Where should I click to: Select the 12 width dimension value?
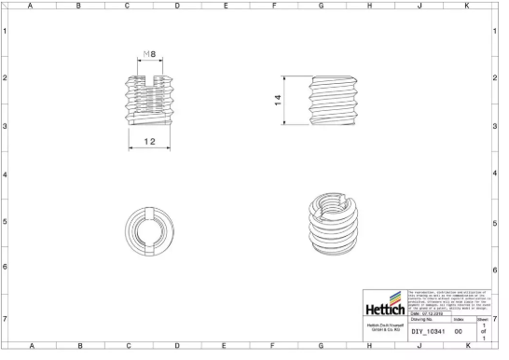[x=149, y=142]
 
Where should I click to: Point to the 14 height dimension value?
[x=279, y=101]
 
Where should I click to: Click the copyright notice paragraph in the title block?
[x=448, y=298]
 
